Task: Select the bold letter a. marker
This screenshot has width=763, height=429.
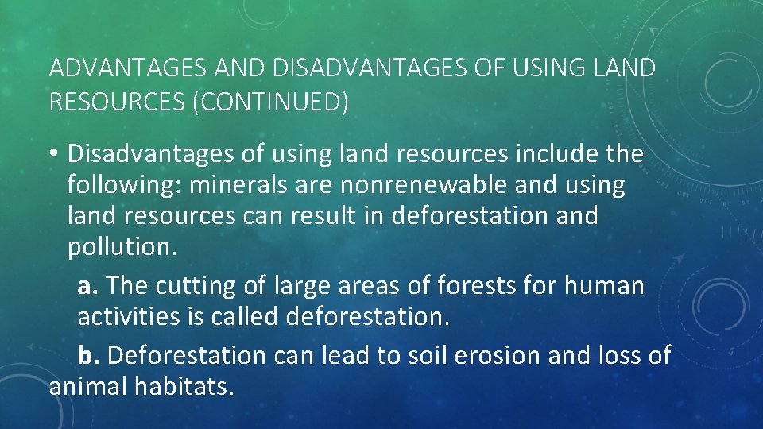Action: click(88, 284)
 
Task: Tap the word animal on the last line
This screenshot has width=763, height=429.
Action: click(88, 387)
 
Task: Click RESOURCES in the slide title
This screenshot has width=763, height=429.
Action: click(118, 102)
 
